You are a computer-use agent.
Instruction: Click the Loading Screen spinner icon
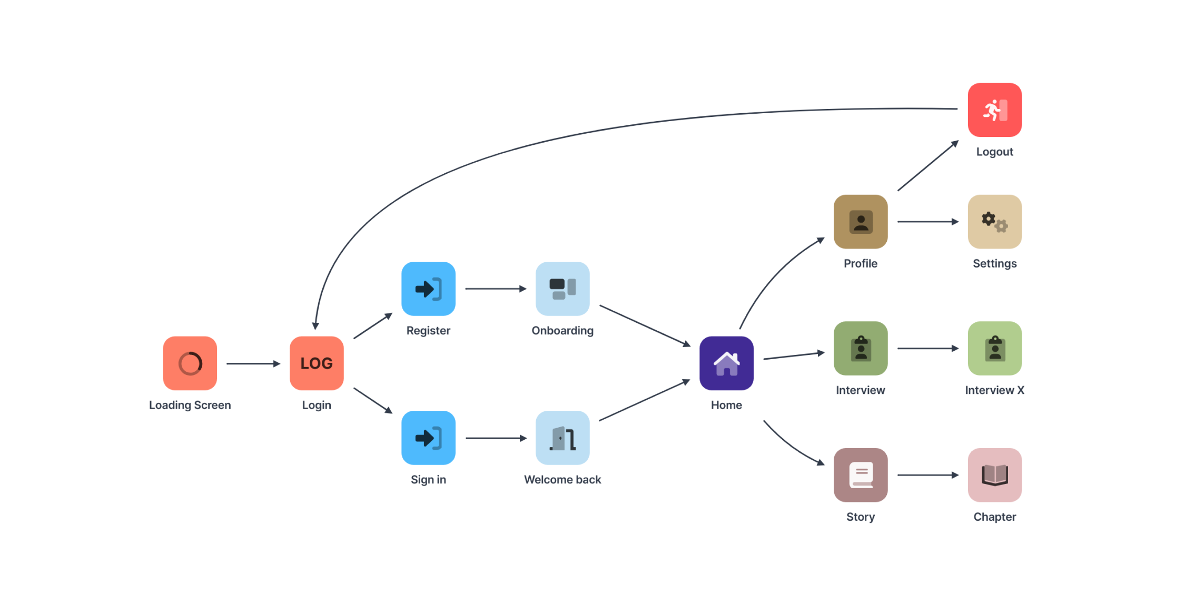[x=190, y=363]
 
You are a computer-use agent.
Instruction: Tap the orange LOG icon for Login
[x=317, y=363]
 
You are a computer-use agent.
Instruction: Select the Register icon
[x=428, y=289]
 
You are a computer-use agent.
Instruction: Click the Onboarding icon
[x=562, y=289]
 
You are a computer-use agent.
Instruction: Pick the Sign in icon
[x=428, y=438]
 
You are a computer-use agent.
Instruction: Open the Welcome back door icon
[x=562, y=438]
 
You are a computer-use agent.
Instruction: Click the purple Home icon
[x=726, y=363]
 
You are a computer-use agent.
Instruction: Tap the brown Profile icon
[x=861, y=222]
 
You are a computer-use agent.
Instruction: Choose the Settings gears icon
[x=994, y=222]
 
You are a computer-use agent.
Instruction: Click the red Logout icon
[x=994, y=110]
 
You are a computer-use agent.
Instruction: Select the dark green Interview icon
[x=861, y=348]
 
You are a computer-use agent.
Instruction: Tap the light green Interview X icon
[x=994, y=348]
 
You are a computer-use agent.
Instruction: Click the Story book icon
[x=861, y=475]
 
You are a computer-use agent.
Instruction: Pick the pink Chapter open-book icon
[x=994, y=475]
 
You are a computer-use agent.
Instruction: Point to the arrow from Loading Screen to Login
[x=253, y=363]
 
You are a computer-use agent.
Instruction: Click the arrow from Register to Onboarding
[x=496, y=289]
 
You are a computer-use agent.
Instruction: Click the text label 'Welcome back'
[x=562, y=480]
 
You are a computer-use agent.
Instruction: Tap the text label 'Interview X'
[x=994, y=390]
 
